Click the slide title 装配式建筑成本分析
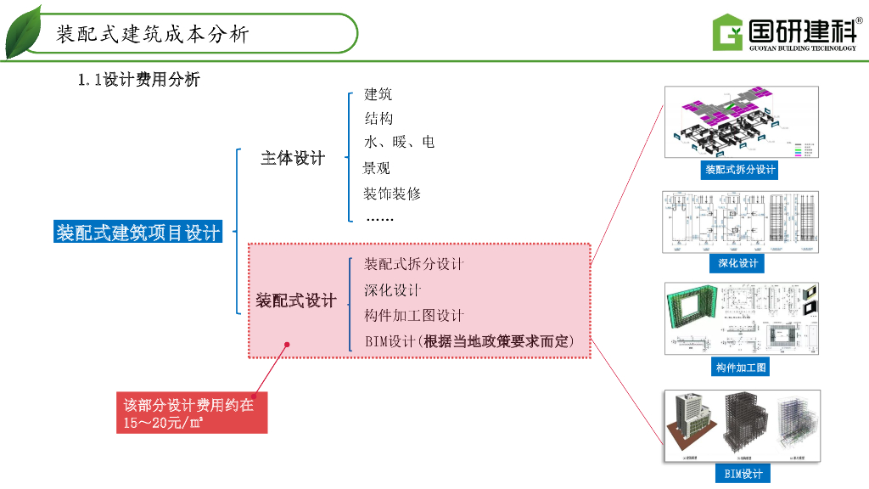[x=153, y=35]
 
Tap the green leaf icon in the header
[x=23, y=33]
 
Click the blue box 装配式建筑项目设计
[x=137, y=232]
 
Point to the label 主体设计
[x=292, y=158]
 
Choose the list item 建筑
[x=378, y=94]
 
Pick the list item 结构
[x=378, y=118]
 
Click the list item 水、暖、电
[x=399, y=142]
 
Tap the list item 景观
[x=377, y=168]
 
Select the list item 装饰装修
[x=392, y=194]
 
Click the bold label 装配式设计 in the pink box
[x=296, y=301]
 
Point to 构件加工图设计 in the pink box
[x=414, y=316]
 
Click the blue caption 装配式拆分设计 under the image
[x=740, y=170]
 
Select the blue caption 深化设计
[x=738, y=263]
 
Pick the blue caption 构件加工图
[x=741, y=368]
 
